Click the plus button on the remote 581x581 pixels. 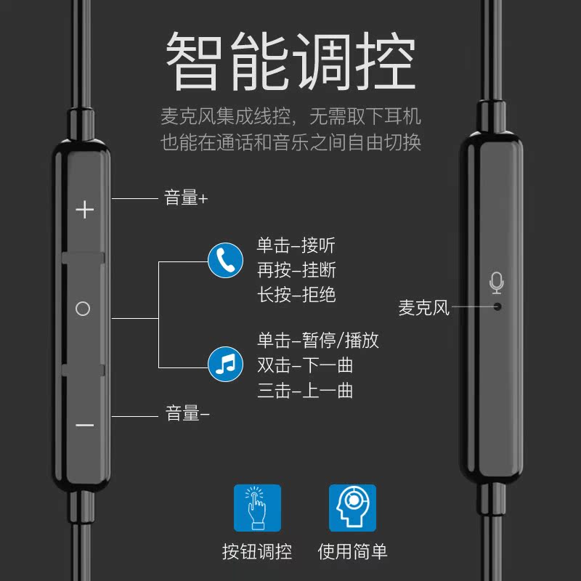(x=85, y=210)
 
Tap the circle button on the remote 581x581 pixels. (x=83, y=309)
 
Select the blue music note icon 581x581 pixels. (x=226, y=363)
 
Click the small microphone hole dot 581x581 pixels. (x=497, y=306)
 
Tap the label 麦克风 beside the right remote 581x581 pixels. (x=424, y=308)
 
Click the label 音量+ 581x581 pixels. (x=186, y=198)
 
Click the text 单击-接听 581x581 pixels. (x=296, y=245)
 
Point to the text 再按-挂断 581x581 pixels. (x=296, y=270)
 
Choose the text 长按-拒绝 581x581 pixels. (x=296, y=294)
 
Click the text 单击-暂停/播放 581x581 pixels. (x=318, y=340)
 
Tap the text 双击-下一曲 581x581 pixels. (x=305, y=365)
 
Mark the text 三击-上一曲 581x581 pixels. (x=305, y=390)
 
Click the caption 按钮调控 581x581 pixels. (x=257, y=551)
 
